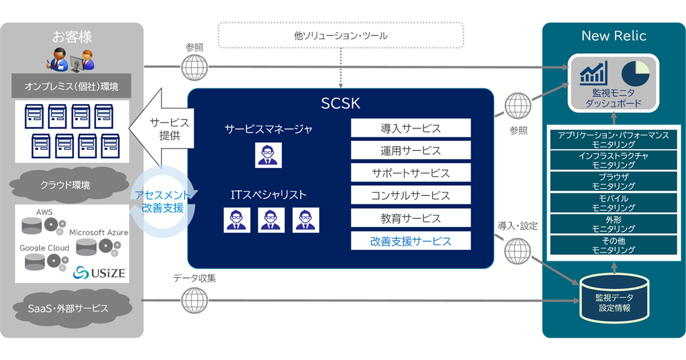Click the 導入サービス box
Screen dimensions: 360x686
[410, 128]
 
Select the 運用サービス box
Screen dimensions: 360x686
[410, 151]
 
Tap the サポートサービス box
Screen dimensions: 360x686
[410, 173]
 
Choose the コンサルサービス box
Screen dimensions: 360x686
[410, 195]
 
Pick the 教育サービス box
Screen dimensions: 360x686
[410, 218]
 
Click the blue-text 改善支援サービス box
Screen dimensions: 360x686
[410, 241]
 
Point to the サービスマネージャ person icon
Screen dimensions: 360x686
[268, 154]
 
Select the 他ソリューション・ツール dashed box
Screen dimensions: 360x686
[341, 35]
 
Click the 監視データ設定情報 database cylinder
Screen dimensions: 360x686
[615, 299]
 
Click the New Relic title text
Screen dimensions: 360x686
[613, 36]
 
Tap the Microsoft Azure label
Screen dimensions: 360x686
[98, 233]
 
